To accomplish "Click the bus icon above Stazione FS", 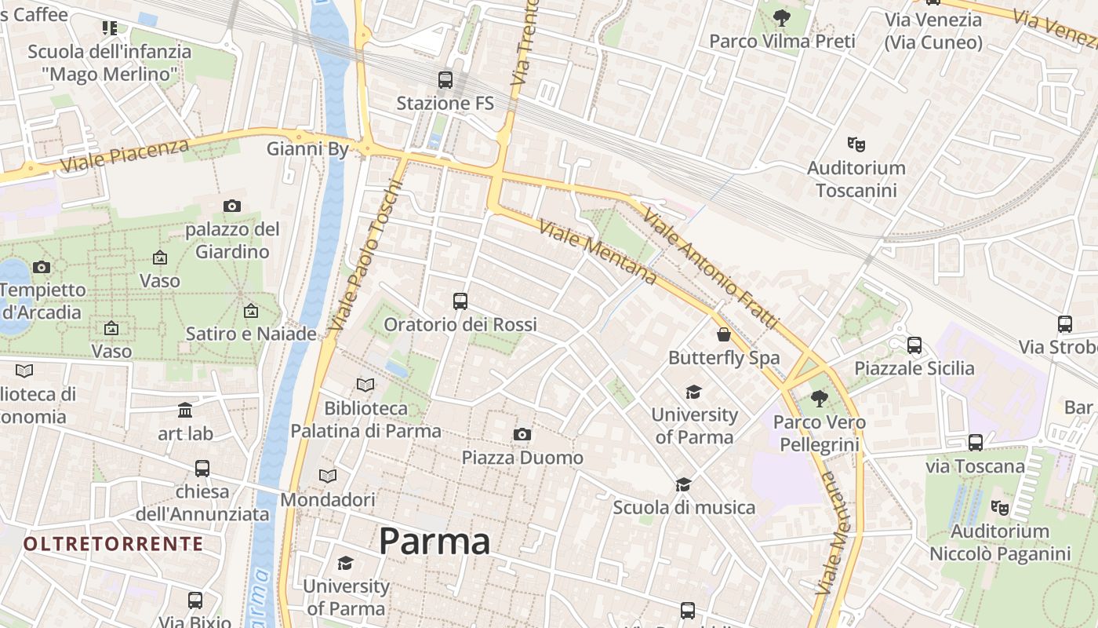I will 445,79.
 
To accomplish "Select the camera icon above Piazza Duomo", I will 522,434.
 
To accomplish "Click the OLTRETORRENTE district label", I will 113,544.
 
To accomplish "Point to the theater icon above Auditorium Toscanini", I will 856,144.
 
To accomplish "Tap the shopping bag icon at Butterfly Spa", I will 724,334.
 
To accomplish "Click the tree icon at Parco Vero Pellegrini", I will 820,399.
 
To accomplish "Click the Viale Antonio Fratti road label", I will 711,267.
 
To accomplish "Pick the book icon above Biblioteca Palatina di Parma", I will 365,385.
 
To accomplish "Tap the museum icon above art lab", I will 185,410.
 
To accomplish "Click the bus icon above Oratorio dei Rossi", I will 460,301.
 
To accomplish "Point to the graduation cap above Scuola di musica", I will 684,484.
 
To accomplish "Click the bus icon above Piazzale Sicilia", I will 914,345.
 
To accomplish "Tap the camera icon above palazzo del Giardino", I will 232,206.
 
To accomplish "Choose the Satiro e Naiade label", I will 251,334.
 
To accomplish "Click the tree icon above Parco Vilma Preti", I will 782,17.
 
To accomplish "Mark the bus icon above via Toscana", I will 976,443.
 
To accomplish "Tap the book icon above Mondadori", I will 328,476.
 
